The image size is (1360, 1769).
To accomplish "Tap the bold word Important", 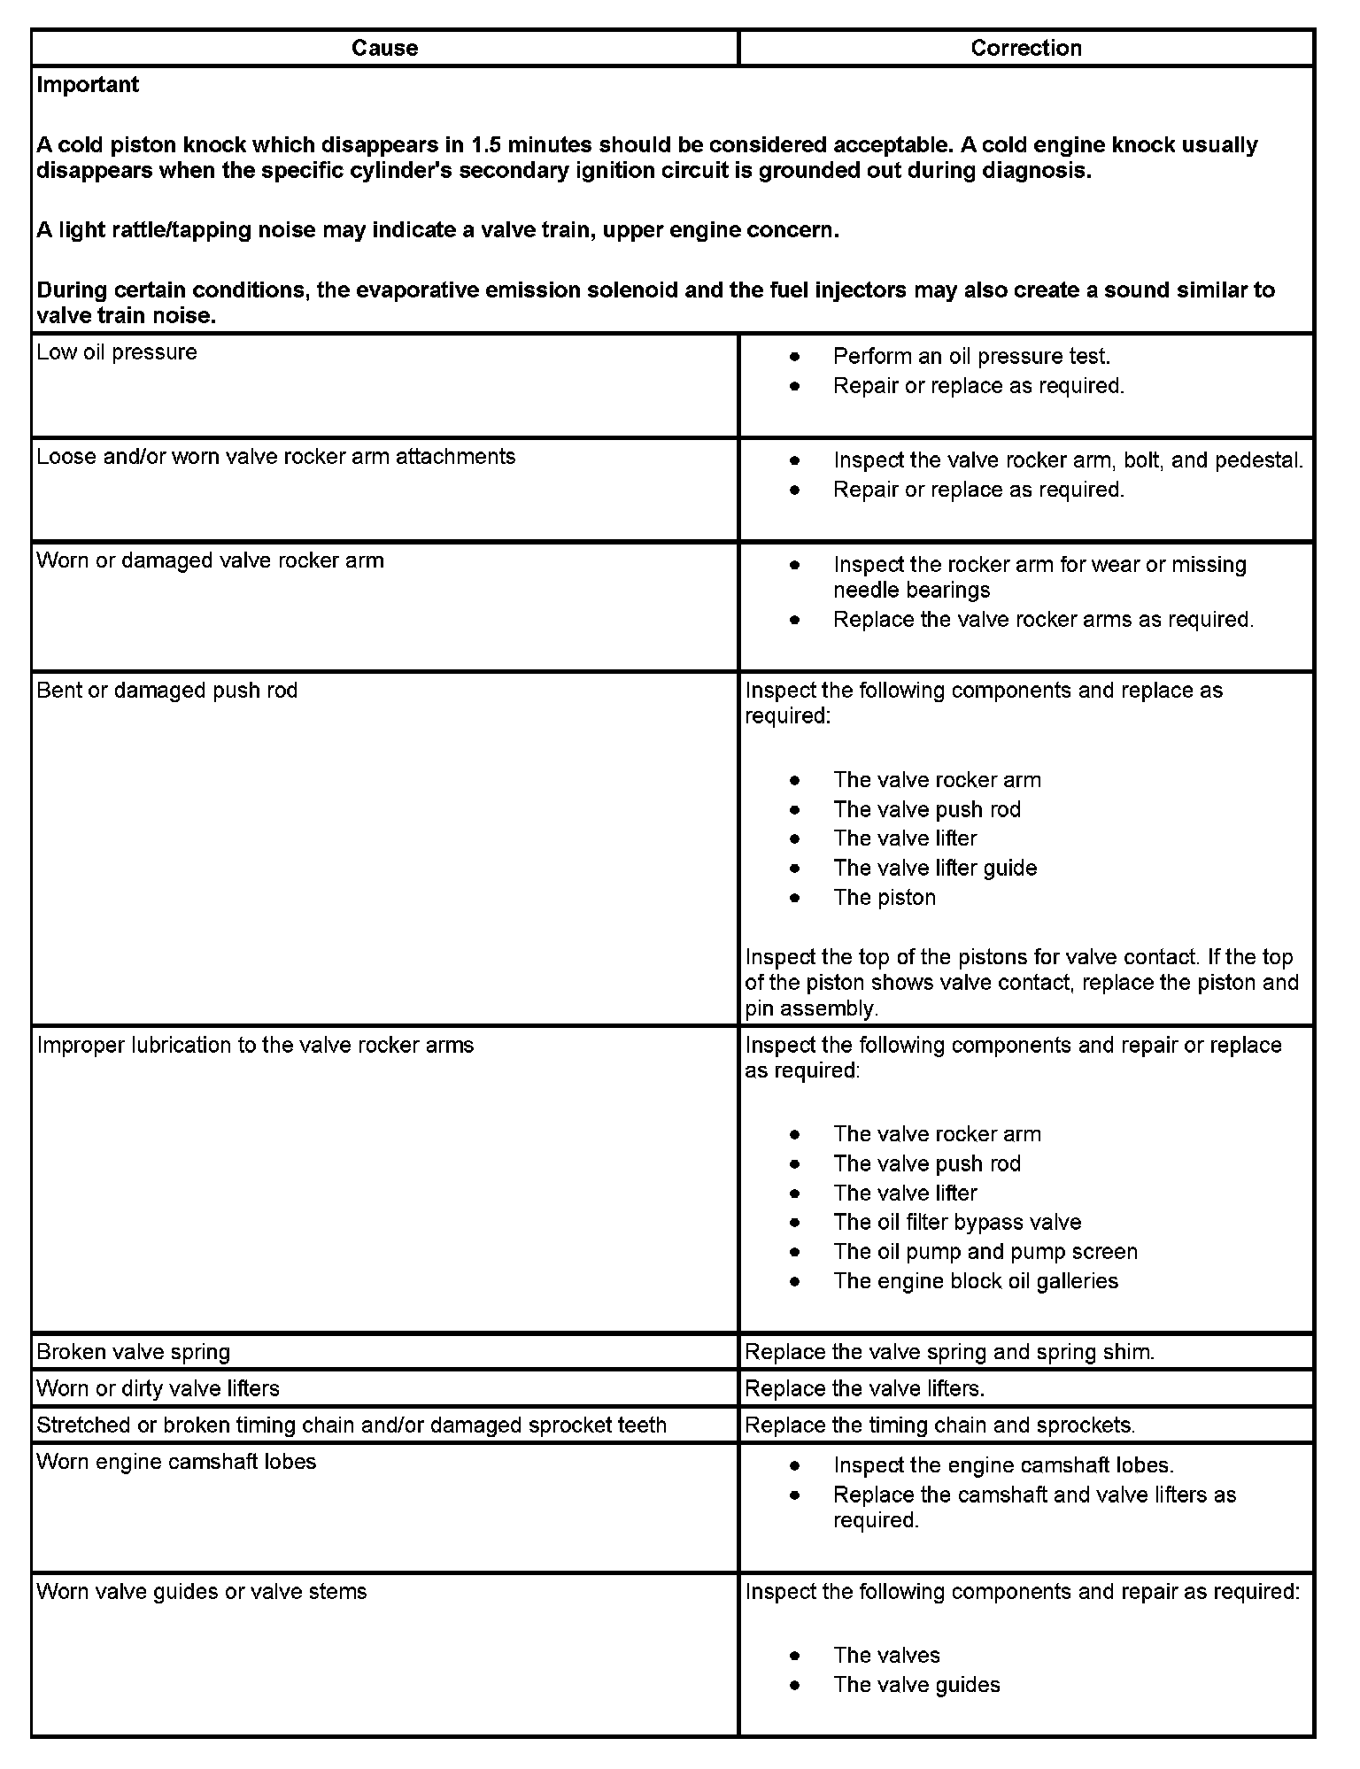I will pyautogui.click(x=88, y=85).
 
